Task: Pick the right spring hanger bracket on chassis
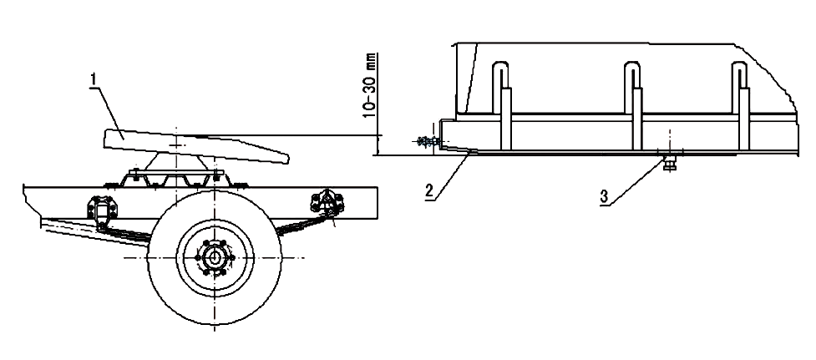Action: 327,202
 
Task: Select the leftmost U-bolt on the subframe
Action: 501,100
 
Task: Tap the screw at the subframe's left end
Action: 428,143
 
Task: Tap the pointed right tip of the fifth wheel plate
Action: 286,157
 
